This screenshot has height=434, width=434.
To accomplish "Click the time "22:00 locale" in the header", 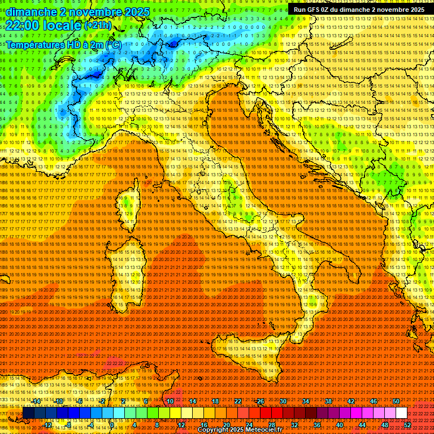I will click(43, 25).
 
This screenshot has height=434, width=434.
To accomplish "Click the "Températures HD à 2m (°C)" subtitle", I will click(64, 44).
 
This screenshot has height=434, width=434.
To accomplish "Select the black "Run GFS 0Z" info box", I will click(359, 10).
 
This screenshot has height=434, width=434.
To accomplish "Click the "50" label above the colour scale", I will click(396, 401).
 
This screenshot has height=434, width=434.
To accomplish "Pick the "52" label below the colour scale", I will click(407, 425).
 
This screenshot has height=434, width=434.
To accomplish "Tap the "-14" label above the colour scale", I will click(36, 401).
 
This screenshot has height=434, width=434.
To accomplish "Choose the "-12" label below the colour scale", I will click(47, 425).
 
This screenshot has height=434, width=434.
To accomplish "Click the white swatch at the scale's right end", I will click(401, 413).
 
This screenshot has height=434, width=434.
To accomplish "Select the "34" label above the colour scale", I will click(306, 401).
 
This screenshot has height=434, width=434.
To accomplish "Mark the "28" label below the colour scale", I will click(271, 425).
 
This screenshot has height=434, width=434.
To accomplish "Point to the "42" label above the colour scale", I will click(351, 401).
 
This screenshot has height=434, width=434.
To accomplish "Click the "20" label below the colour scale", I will click(226, 425).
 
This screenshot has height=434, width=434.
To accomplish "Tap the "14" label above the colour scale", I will click(193, 401).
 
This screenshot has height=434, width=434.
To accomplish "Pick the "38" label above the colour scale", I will click(328, 401).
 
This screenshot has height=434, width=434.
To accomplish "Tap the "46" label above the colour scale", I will click(374, 401).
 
